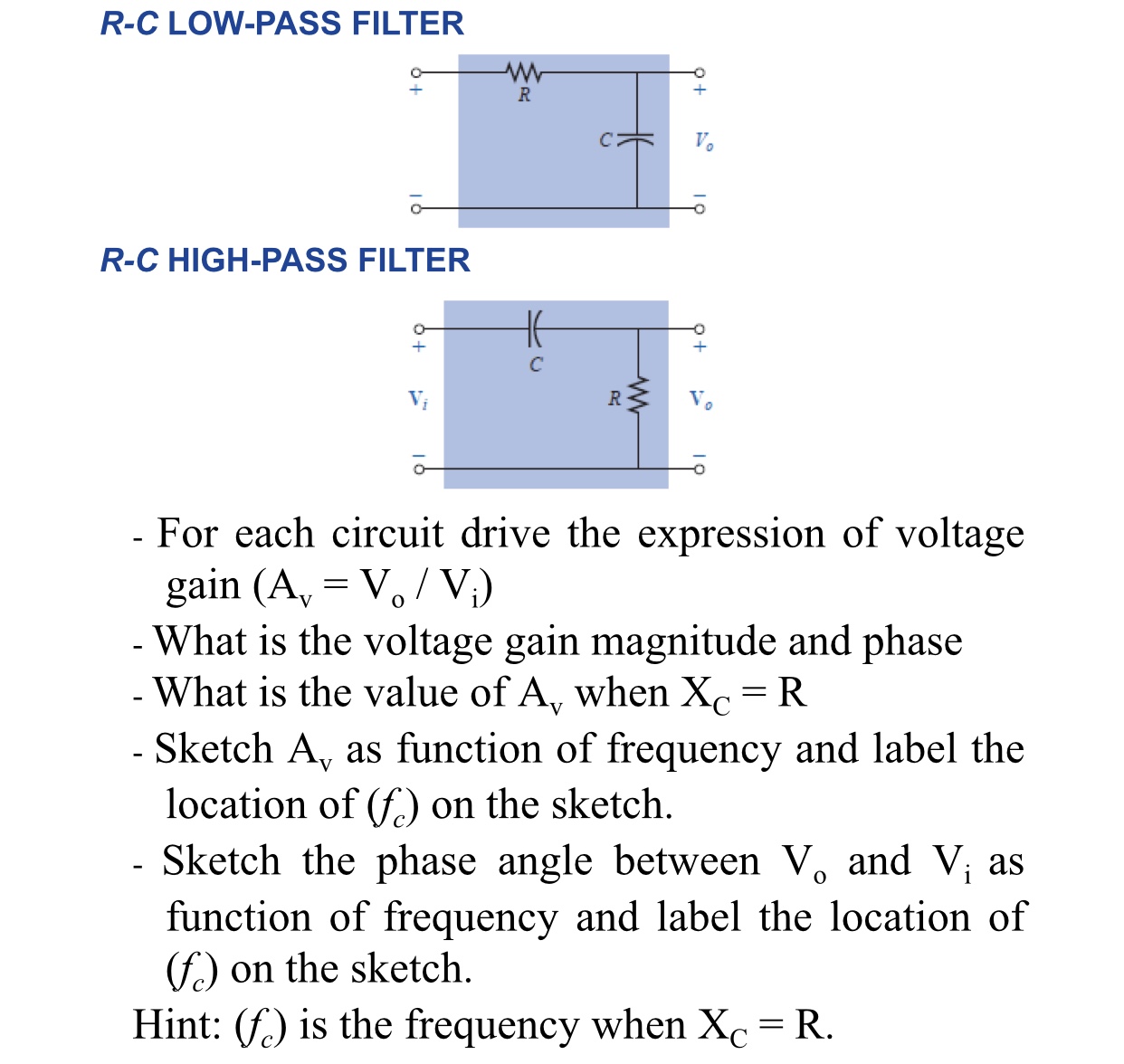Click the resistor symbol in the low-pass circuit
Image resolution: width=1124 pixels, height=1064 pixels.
click(x=523, y=71)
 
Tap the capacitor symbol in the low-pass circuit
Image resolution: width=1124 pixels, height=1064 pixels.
click(x=637, y=139)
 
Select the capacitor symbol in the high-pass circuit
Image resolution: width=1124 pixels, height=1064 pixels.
click(x=534, y=328)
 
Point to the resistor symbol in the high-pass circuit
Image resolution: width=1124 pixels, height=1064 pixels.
click(x=638, y=396)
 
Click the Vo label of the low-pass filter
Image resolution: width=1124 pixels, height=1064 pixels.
click(x=703, y=141)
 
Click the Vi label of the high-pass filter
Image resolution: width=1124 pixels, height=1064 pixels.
click(x=418, y=399)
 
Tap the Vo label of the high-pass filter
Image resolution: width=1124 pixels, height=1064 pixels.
click(x=700, y=399)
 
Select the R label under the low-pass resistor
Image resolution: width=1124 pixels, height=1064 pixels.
click(x=524, y=95)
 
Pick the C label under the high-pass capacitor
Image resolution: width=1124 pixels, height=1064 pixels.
click(x=536, y=365)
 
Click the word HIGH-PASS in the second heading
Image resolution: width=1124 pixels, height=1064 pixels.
click(x=259, y=261)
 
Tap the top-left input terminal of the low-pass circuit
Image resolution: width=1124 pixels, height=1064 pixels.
click(x=415, y=71)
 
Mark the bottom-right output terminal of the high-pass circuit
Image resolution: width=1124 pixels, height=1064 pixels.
click(x=699, y=469)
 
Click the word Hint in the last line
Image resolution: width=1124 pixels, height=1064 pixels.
click(x=176, y=1025)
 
